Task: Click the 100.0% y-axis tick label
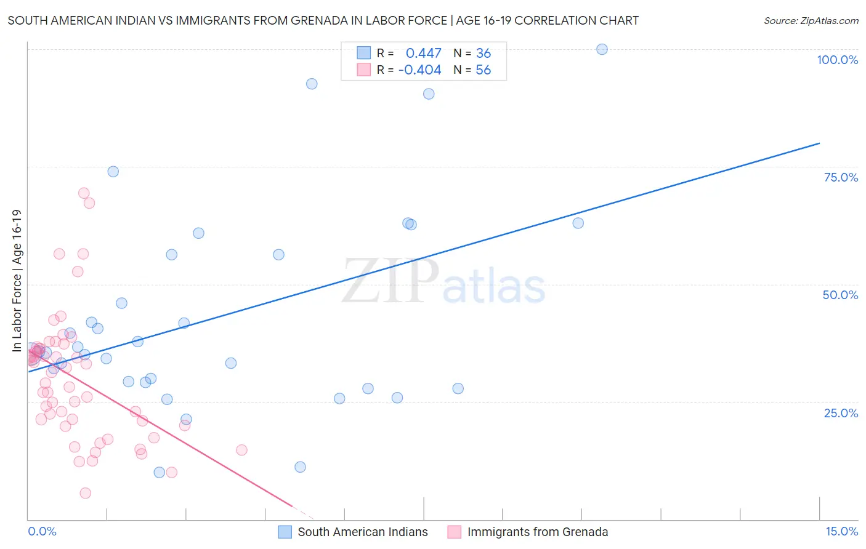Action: [x=837, y=60]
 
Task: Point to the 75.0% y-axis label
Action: [x=841, y=177]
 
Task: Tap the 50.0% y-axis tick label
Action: [x=840, y=295]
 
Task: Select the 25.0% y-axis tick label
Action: [x=841, y=413]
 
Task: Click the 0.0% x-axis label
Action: [x=42, y=532]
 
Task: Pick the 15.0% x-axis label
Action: [x=841, y=532]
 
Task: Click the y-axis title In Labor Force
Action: [x=17, y=281]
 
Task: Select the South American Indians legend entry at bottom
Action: [x=362, y=532]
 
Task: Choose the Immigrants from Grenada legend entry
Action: [x=537, y=532]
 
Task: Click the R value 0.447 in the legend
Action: [x=423, y=54]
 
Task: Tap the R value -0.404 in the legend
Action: [x=419, y=70]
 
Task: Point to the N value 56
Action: [x=484, y=70]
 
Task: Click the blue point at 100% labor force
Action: [x=602, y=49]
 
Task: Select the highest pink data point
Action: [x=84, y=193]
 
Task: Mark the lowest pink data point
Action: [x=86, y=493]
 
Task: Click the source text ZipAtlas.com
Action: [x=811, y=21]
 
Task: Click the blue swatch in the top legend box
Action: [x=364, y=53]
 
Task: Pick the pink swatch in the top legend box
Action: [x=364, y=70]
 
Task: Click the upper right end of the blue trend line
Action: [x=819, y=143]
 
